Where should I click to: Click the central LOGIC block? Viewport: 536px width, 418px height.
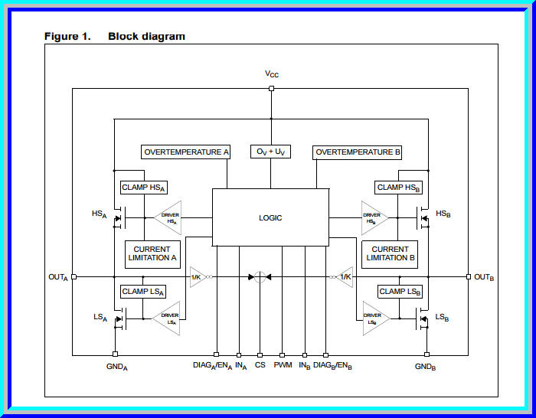coord(270,218)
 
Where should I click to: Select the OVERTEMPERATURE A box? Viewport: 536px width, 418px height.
coord(186,152)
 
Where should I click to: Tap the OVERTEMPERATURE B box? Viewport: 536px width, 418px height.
coord(358,152)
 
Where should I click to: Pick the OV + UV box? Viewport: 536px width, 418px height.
coord(270,152)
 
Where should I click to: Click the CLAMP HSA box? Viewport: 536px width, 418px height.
coord(142,188)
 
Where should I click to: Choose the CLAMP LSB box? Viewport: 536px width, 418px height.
coord(399,292)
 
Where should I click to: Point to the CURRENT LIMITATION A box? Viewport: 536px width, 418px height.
coord(152,253)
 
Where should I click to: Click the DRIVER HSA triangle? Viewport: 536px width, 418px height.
coord(168,218)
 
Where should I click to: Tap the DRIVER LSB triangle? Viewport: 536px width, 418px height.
coord(374,318)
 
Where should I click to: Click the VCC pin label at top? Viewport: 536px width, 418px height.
coord(272,74)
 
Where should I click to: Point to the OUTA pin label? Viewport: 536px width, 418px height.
coord(57,277)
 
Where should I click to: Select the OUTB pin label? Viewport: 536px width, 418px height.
coord(484,277)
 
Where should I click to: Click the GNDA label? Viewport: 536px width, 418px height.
coord(116,367)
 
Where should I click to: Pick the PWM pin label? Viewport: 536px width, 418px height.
coord(283,367)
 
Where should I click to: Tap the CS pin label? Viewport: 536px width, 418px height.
coord(260,367)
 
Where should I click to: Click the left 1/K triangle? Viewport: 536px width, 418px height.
coord(197,276)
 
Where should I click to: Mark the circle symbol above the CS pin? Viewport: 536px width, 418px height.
coord(260,276)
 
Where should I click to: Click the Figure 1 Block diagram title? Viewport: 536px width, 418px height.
coord(115,36)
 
